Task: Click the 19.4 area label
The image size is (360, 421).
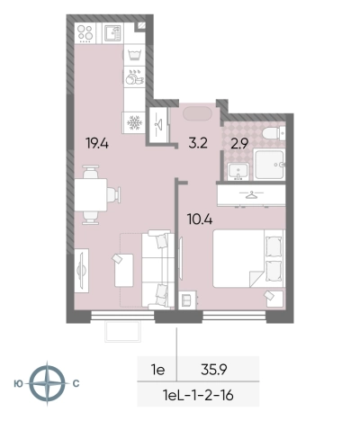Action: pyautogui.click(x=97, y=143)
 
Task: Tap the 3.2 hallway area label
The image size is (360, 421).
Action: pyautogui.click(x=198, y=143)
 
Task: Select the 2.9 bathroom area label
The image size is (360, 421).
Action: pyautogui.click(x=239, y=144)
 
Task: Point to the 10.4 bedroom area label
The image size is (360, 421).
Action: pyautogui.click(x=200, y=219)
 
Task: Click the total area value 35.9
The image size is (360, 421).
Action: pyautogui.click(x=214, y=370)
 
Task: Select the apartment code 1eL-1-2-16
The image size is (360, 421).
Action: pyautogui.click(x=198, y=395)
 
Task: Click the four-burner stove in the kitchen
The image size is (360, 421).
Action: pyautogui.click(x=85, y=32)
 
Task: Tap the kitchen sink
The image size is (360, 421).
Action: pyautogui.click(x=112, y=33)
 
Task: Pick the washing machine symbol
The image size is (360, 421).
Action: pyautogui.click(x=134, y=55)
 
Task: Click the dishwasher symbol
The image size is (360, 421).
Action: pyautogui.click(x=134, y=77)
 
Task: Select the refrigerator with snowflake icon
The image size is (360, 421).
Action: pyautogui.click(x=134, y=122)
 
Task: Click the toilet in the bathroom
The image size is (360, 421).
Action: pyautogui.click(x=274, y=133)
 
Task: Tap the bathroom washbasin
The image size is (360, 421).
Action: pyautogui.click(x=238, y=172)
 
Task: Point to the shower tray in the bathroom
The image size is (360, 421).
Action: pyautogui.click(x=269, y=165)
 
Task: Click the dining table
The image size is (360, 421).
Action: pyautogui.click(x=91, y=195)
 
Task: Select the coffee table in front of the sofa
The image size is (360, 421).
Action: pyautogui.click(x=124, y=270)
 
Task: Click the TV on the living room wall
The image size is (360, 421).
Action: pyautogui.click(x=81, y=271)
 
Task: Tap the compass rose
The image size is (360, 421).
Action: pyautogui.click(x=47, y=383)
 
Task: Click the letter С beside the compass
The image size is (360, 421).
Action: pyautogui.click(x=76, y=383)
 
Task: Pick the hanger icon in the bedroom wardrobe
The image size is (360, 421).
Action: pyautogui.click(x=252, y=195)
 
